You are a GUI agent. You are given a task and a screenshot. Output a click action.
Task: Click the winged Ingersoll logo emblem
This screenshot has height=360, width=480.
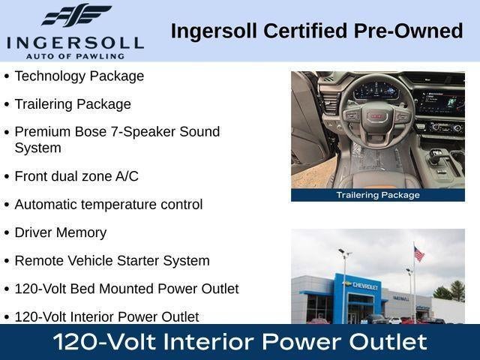tap(76, 15)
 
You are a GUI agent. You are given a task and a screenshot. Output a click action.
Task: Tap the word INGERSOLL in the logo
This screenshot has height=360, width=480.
tap(75, 43)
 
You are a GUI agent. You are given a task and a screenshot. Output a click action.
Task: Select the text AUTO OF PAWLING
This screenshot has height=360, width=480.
tap(75, 56)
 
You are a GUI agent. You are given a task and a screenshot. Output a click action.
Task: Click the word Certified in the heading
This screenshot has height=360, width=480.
tap(305, 31)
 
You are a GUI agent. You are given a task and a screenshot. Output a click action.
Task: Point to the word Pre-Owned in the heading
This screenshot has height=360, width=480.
tap(408, 31)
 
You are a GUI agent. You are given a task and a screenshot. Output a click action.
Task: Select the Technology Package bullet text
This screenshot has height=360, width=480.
tap(79, 76)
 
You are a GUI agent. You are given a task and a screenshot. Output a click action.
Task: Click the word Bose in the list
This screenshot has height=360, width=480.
tap(90, 132)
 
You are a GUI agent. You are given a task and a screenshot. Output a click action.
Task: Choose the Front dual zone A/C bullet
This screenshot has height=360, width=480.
tap(76, 176)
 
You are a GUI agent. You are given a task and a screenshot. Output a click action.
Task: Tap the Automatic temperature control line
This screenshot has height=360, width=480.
tap(109, 205)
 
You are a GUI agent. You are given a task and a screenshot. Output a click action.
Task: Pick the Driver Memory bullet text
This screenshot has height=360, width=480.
tap(61, 232)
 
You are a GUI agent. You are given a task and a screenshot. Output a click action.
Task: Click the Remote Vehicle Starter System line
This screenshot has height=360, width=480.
tap(112, 261)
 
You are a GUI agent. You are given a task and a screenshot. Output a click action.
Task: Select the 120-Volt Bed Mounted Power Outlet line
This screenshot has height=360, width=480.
tap(127, 289)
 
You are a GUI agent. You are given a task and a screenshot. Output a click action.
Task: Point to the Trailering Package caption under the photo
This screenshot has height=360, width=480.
tap(378, 195)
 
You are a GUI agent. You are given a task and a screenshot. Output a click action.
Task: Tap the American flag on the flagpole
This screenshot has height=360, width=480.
tap(418, 253)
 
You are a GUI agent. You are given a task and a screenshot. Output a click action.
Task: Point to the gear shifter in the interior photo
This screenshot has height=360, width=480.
tap(436, 155)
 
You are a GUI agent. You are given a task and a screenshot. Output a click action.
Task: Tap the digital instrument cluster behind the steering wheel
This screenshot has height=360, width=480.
tap(376, 90)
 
